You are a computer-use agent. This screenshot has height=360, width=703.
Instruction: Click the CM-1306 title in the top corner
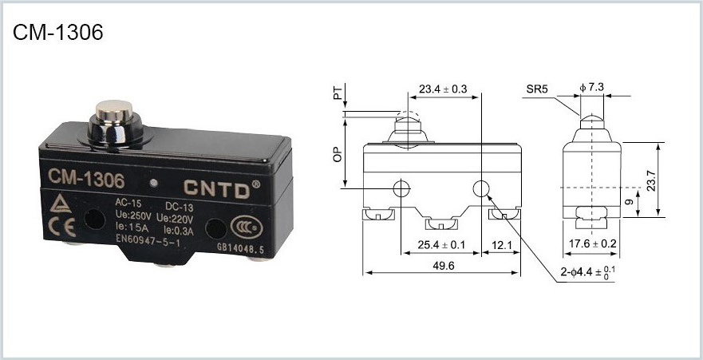[58, 32]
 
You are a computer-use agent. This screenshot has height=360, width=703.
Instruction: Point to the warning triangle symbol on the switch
[61, 204]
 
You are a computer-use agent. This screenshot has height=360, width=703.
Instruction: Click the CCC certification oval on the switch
[246, 227]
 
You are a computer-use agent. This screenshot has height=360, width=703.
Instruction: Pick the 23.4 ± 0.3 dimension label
[443, 89]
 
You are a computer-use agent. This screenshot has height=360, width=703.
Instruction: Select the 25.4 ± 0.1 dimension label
[441, 245]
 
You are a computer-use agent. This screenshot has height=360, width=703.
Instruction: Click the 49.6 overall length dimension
[444, 266]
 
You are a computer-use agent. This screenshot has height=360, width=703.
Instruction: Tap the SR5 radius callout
[537, 89]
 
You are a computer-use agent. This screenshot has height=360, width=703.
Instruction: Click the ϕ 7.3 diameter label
[592, 88]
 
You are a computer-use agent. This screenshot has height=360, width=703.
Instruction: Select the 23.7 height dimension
[651, 180]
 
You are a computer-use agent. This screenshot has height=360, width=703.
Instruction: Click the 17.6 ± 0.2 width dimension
[592, 244]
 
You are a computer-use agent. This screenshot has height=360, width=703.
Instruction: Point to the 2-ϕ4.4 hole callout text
[588, 272]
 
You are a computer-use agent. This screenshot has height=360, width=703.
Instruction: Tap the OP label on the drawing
[338, 154]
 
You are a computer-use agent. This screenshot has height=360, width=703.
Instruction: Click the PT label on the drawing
[338, 93]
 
